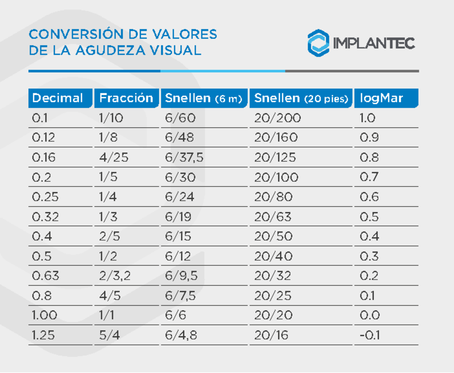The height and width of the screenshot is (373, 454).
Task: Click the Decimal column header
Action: pyautogui.click(x=58, y=98)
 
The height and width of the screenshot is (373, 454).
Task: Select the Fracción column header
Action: pyautogui.click(x=126, y=98)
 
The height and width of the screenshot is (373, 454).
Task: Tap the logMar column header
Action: pyautogui.click(x=381, y=98)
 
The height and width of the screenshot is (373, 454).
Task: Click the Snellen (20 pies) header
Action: pyautogui.click(x=301, y=98)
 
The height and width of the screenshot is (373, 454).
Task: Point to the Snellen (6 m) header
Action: pyautogui.click(x=203, y=98)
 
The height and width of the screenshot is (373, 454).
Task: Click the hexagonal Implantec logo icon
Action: pyautogui.click(x=318, y=43)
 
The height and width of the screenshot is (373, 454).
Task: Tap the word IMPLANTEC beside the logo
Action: pyautogui.click(x=374, y=43)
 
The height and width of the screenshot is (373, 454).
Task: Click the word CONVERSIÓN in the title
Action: pyautogui.click(x=75, y=34)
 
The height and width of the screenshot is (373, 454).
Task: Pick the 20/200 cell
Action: pyautogui.click(x=278, y=118)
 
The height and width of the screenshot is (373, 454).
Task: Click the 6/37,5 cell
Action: pyautogui.click(x=184, y=157)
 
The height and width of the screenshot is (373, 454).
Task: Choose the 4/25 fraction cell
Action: pyautogui.click(x=114, y=157)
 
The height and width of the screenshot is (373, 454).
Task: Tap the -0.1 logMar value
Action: pyautogui.click(x=370, y=335)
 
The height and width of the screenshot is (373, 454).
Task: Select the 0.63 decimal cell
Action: pyautogui.click(x=46, y=276)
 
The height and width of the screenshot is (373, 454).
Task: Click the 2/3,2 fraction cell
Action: pyautogui.click(x=115, y=276)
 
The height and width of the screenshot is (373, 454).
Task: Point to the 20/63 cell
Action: pyautogui.click(x=273, y=217)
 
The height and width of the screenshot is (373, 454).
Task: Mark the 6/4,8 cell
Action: pyautogui.click(x=181, y=336)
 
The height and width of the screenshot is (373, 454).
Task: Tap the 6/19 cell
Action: pyautogui.click(x=178, y=217)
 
